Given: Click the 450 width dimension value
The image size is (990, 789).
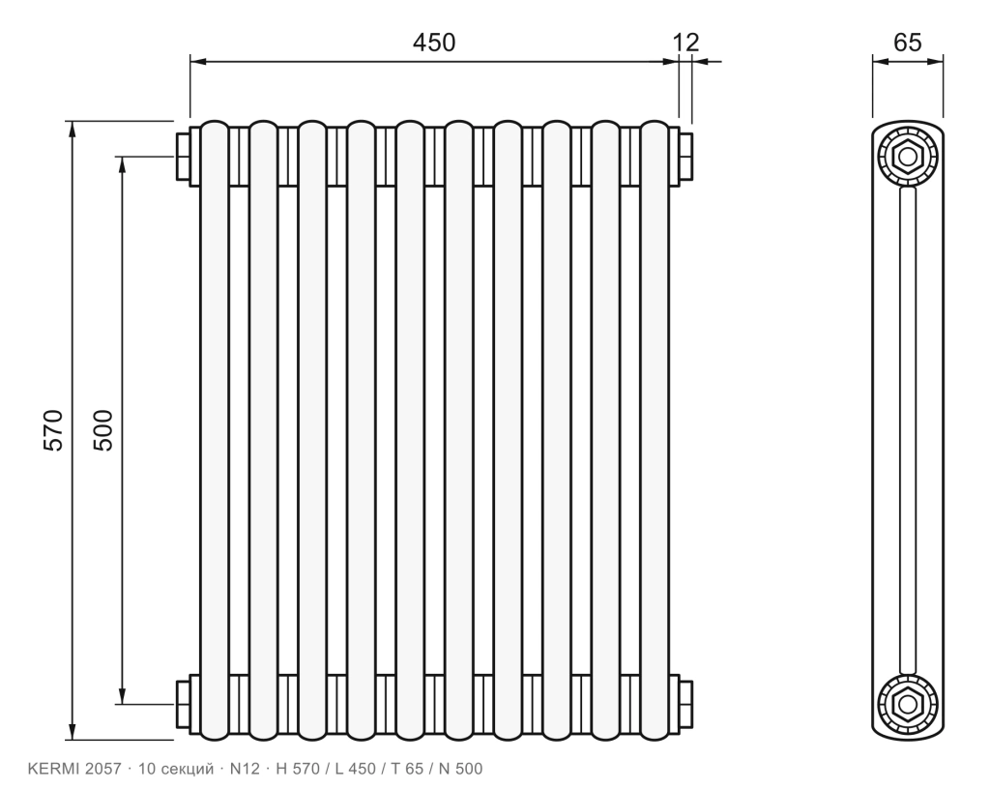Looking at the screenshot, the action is pyautogui.click(x=434, y=43).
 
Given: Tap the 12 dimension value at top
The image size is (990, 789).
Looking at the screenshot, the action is pyautogui.click(x=685, y=43).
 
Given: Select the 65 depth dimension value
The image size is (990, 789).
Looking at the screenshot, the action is pyautogui.click(x=907, y=43).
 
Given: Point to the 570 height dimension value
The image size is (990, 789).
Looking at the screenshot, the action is pyautogui.click(x=54, y=430).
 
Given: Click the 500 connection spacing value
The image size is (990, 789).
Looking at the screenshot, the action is pyautogui.click(x=102, y=430).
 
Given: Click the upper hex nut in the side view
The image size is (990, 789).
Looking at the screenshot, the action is pyautogui.click(x=908, y=156).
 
